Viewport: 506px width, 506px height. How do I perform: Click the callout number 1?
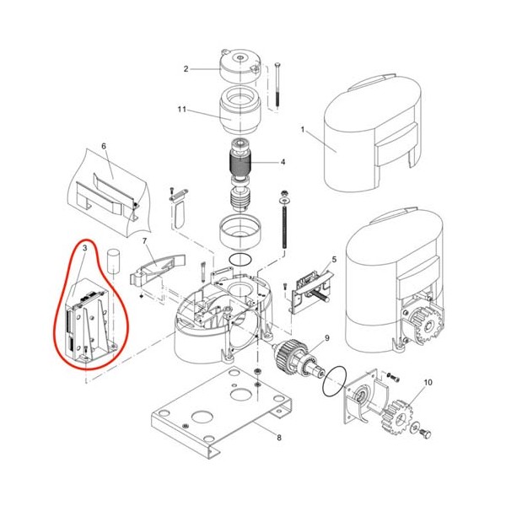[303, 129]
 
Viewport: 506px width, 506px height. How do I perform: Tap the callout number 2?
[186, 69]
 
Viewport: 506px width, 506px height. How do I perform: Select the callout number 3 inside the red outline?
[85, 248]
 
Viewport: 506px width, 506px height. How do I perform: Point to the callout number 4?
[283, 162]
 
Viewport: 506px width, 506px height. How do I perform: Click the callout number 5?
[334, 259]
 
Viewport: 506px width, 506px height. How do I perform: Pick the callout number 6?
[104, 146]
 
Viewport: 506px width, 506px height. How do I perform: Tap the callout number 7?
[144, 241]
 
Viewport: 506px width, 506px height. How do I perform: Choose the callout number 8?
[279, 438]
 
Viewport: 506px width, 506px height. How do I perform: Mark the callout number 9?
[327, 338]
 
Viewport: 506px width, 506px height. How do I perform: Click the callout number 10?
[428, 382]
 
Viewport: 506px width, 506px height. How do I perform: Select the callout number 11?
[182, 110]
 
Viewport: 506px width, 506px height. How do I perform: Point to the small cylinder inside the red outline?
[113, 261]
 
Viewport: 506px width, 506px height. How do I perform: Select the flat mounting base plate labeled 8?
[222, 412]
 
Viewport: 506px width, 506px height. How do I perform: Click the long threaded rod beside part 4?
[284, 219]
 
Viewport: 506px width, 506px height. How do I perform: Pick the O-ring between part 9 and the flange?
[335, 380]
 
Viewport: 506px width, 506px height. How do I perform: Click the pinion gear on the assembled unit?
[427, 326]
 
